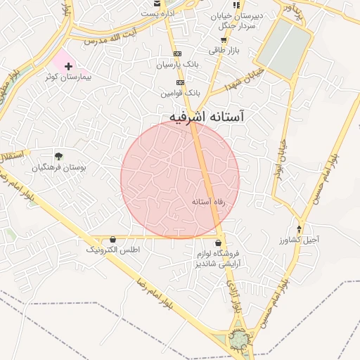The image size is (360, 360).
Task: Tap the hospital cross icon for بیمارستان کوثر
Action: coord(68,66)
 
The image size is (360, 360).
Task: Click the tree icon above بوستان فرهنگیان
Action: coord(58,156)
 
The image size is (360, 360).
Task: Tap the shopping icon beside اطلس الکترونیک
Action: coord(113,239)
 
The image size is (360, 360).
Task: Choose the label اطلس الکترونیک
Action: coord(113,250)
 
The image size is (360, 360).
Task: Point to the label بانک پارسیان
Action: coord(179,64)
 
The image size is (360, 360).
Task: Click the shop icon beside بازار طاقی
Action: coord(212,50)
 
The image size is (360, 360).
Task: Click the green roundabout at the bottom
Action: coord(240,342)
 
